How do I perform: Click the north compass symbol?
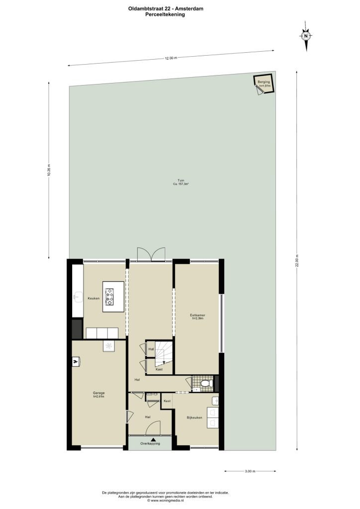(x=306, y=36)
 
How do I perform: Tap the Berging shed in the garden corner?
(x=264, y=84)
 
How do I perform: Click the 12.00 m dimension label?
(x=171, y=58)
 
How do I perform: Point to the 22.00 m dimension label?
(x=297, y=260)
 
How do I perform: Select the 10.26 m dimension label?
(x=49, y=170)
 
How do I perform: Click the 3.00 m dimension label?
(x=250, y=471)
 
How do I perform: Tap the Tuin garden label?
(x=181, y=182)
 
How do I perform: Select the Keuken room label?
(x=93, y=298)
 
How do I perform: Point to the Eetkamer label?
(x=197, y=315)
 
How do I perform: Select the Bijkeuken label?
(x=194, y=418)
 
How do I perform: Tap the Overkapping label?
(x=150, y=443)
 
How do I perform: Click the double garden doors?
(x=151, y=254)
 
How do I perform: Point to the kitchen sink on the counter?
(x=77, y=296)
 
